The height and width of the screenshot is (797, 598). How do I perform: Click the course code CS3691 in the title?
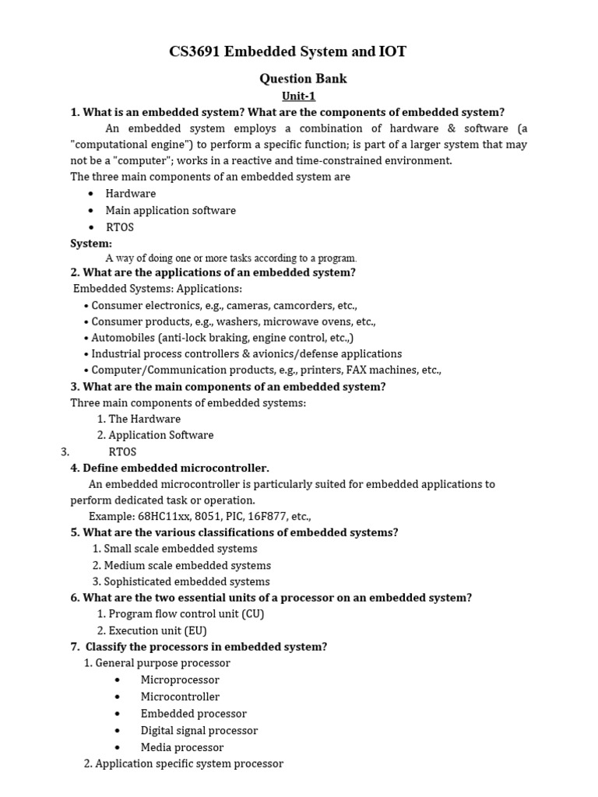195,52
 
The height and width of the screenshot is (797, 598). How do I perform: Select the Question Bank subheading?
302,79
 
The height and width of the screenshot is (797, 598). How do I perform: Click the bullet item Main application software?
171,210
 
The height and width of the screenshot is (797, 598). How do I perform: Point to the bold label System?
91,244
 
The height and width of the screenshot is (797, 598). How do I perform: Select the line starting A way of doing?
231,258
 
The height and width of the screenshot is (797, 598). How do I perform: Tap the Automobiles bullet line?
221,338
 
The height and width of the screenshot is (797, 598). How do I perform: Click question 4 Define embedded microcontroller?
170,468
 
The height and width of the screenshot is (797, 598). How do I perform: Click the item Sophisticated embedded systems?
181,581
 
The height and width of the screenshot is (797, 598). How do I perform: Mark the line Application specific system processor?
183,764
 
